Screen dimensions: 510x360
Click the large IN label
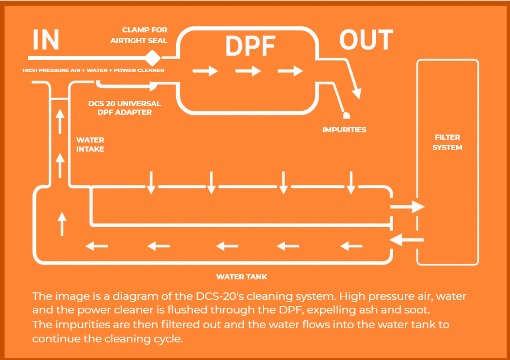[45, 40]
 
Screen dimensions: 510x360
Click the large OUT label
[366, 40]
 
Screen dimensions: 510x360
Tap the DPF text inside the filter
[250, 45]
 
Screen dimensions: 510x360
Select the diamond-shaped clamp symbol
[153, 58]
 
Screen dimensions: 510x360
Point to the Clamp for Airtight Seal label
[139, 35]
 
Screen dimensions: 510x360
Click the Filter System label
[447, 143]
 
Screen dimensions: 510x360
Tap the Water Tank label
[242, 277]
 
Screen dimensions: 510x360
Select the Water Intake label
[90, 145]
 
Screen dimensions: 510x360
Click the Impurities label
[344, 130]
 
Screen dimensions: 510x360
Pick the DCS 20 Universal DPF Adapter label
[124, 108]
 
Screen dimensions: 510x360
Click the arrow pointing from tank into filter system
[407, 207]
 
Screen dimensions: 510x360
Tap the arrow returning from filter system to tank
[407, 240]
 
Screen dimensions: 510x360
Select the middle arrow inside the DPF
[248, 71]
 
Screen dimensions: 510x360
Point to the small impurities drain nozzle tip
[346, 115]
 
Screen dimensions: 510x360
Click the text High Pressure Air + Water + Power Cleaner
[93, 70]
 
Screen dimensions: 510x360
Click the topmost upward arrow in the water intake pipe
[60, 122]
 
